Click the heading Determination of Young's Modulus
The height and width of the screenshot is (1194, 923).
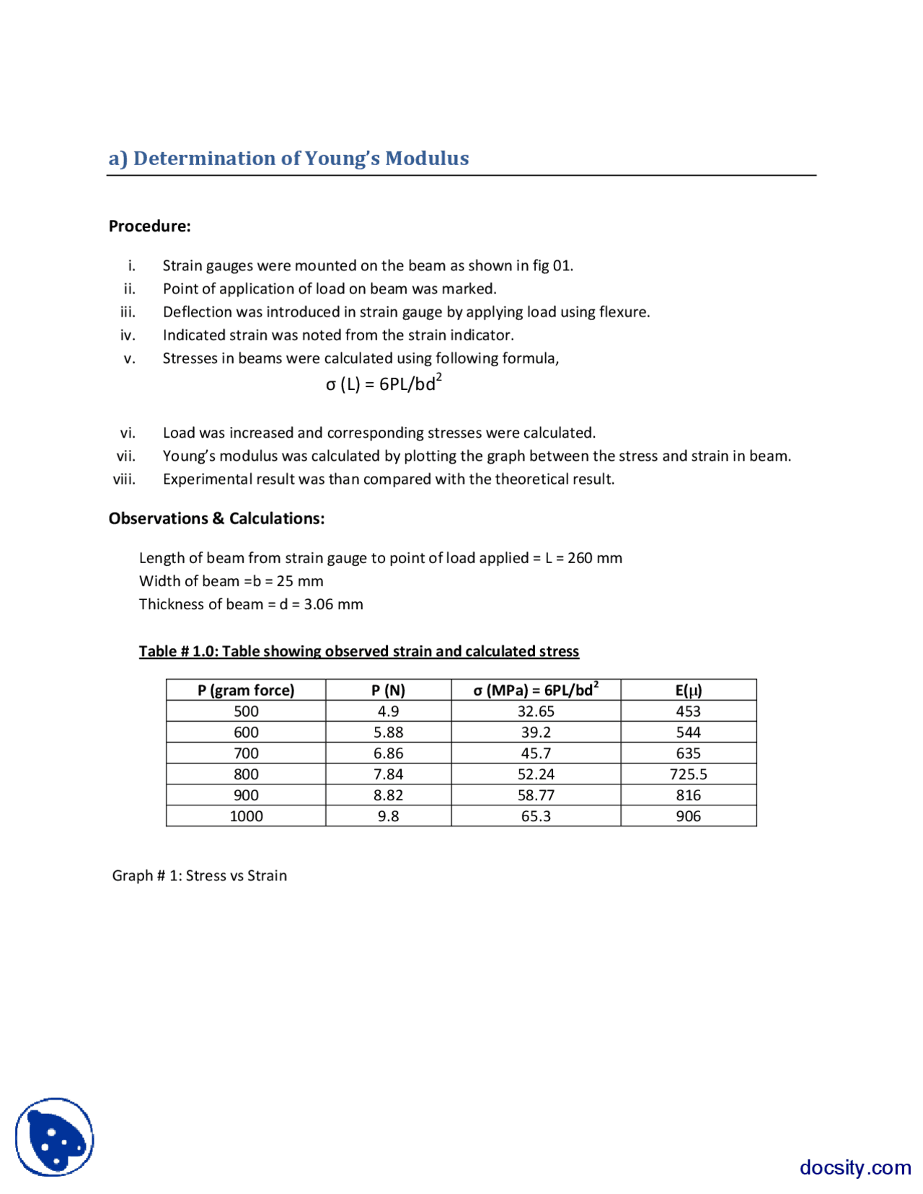pos(288,159)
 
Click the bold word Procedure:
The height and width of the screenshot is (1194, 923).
pos(149,226)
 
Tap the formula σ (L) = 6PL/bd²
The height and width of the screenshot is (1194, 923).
pos(383,384)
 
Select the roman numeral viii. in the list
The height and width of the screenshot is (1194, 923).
pos(124,479)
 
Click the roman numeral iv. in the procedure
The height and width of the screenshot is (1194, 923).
pos(128,335)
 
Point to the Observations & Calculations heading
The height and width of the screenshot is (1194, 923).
pos(216,518)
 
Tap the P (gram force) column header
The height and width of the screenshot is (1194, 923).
pos(246,690)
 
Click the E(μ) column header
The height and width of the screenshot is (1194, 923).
pos(688,690)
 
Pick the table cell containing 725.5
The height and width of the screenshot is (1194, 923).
pos(688,774)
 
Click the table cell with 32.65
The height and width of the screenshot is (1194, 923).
pos(536,712)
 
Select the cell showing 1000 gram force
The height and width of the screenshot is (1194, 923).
pos(246,816)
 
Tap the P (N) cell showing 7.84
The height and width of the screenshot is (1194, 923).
pos(388,774)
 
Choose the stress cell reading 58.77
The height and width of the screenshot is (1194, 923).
pos(536,795)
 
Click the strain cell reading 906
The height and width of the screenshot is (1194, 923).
pos(688,816)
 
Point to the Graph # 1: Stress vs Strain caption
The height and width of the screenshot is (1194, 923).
pos(200,876)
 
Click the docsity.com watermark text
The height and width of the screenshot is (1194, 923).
pos(854,1167)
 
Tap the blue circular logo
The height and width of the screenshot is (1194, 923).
pos(55,1137)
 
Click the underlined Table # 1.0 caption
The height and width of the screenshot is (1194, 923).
pos(358,651)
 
